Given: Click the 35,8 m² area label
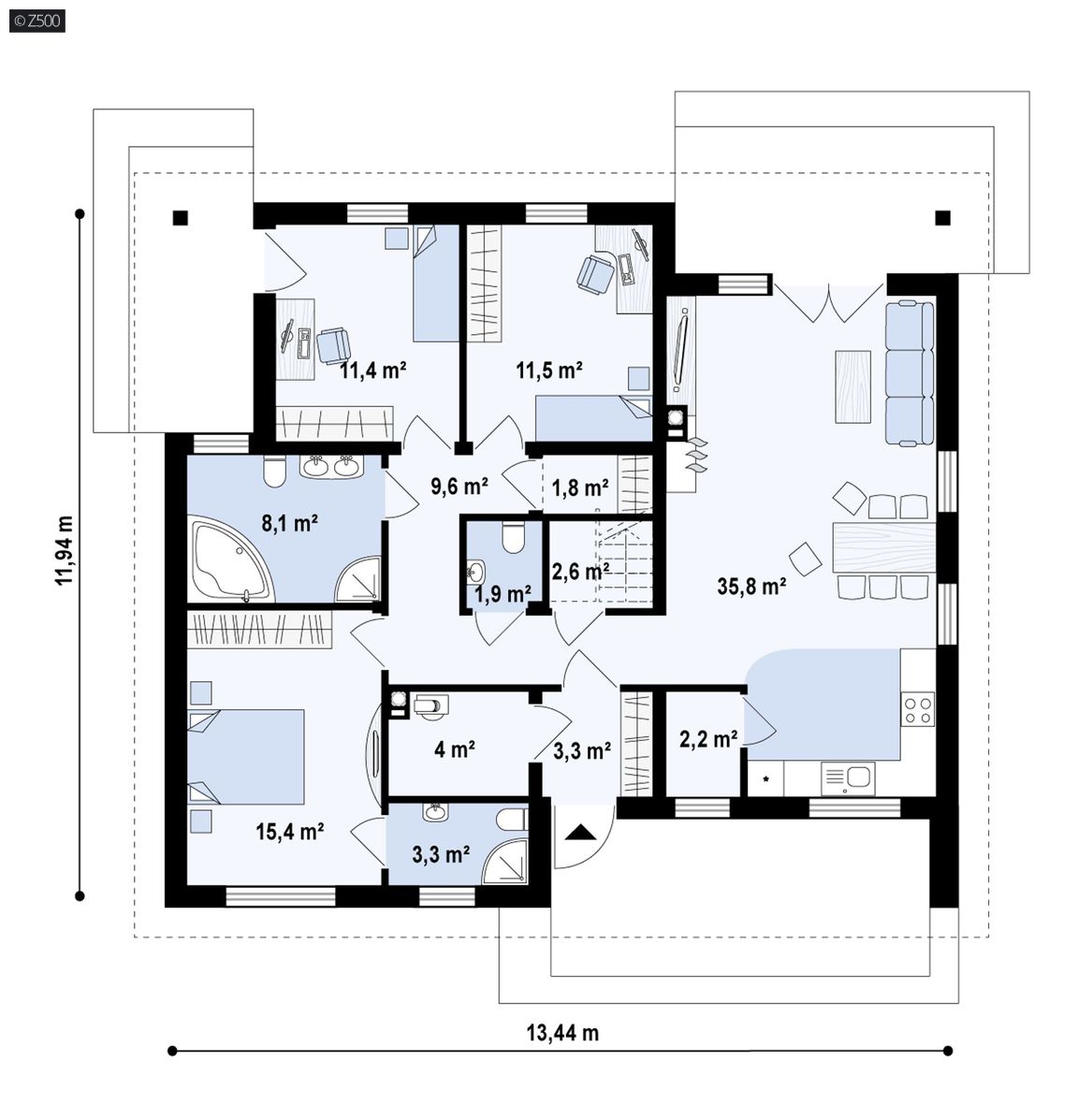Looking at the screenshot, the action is [751, 587].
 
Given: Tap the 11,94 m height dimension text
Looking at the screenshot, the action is [65, 550].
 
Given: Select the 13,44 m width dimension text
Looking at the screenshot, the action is [562, 1033].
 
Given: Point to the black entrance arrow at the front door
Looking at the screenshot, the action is [580, 832].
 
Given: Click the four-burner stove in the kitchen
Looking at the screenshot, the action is [918, 709].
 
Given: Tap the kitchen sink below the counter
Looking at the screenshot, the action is [848, 778].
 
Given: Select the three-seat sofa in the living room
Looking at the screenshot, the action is [910, 373].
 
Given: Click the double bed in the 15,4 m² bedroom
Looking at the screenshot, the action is [245, 757].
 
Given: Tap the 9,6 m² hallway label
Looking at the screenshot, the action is [459, 487].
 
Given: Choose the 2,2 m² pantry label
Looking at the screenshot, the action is [708, 739].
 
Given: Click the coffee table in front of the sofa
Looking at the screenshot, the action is [853, 386].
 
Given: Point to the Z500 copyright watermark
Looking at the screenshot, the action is [37, 21].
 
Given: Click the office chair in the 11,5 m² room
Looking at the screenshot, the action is [596, 274].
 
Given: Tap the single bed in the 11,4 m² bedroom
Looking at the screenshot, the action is [435, 283].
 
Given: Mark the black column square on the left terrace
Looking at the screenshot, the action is [181, 218].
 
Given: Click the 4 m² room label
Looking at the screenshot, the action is [455, 749].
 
